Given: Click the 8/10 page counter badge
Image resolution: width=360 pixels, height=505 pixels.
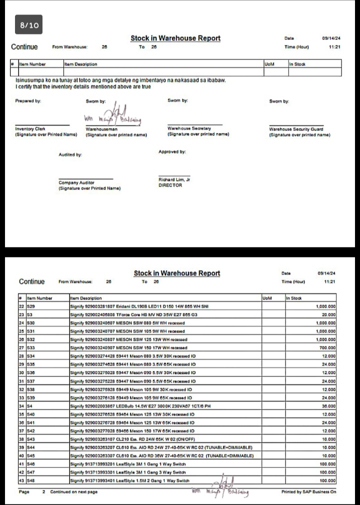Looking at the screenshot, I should tap(29, 24).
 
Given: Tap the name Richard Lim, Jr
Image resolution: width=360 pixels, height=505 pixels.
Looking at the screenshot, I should tap(174, 179).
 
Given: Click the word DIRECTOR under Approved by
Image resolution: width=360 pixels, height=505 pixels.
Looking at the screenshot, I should tap(170, 185).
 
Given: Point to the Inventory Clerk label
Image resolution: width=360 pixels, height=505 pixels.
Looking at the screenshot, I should tap(30, 128).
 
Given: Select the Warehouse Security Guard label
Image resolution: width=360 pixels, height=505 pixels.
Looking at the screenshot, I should tap(296, 128).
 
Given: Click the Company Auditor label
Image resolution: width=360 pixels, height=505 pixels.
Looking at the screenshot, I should tap(76, 182).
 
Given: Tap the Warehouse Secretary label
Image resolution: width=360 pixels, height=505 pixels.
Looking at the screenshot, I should tap(189, 128).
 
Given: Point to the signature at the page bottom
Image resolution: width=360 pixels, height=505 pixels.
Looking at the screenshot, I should tap(220, 490).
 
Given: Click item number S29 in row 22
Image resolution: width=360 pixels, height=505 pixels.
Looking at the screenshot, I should tap(31, 306).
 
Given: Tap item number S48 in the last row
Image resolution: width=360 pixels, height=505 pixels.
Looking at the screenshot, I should tap(31, 480).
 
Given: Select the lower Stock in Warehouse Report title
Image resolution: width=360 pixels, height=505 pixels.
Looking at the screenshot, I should tap(176, 273).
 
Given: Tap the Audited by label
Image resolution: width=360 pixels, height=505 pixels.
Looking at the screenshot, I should tap(70, 155).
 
